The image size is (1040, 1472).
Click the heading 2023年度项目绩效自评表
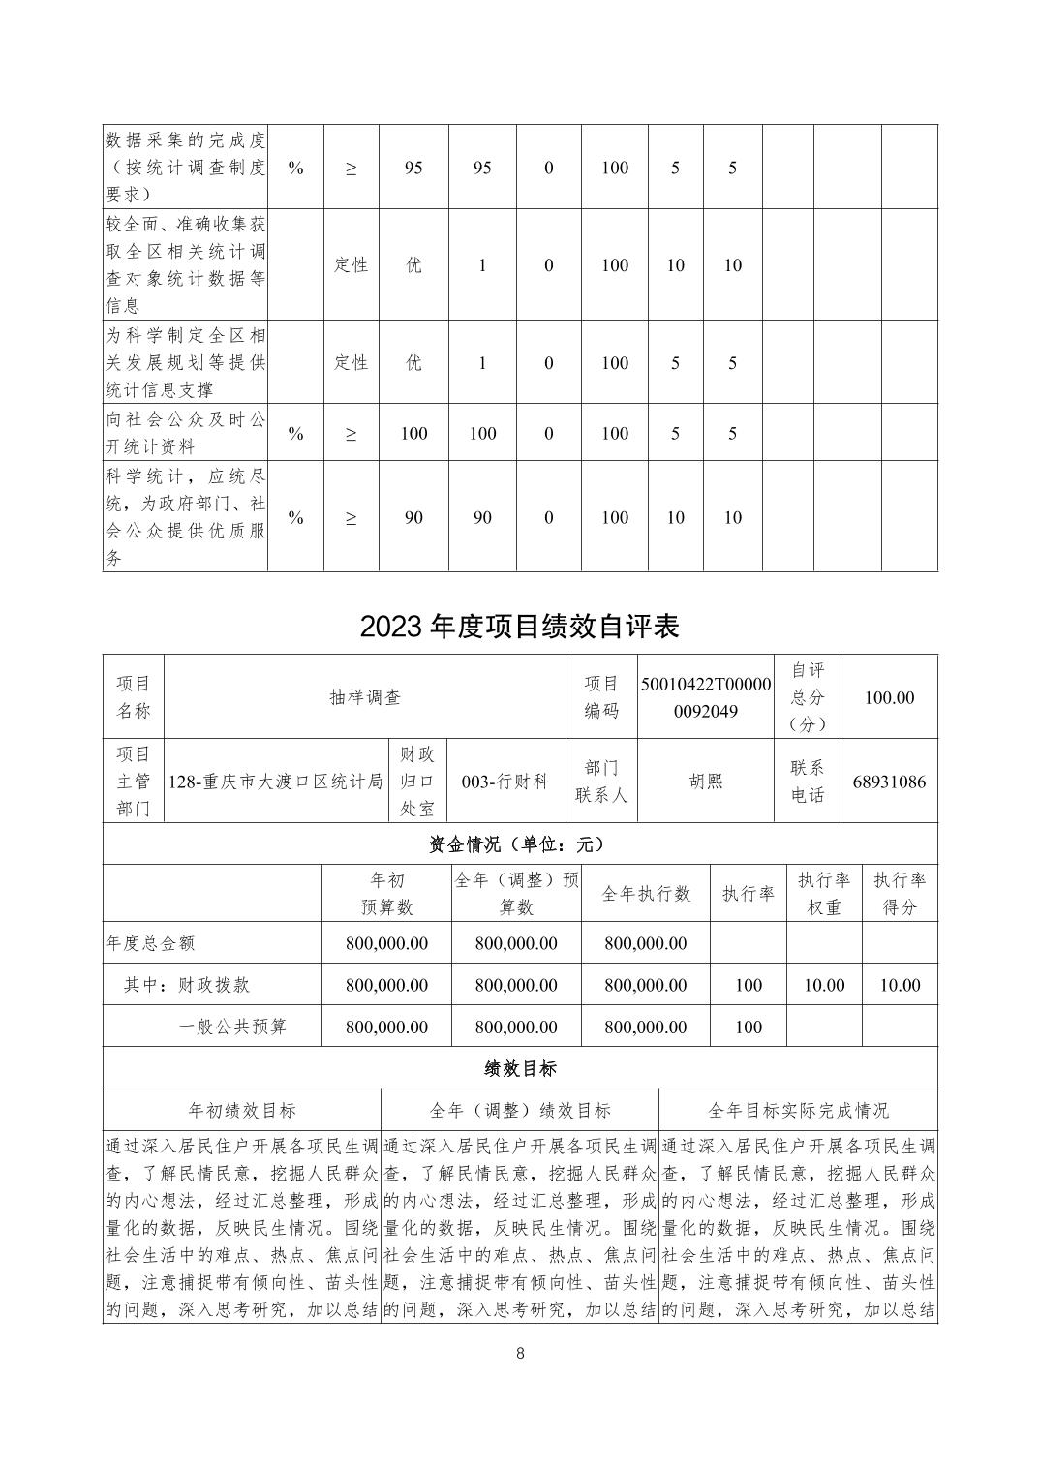pyautogui.click(x=520, y=627)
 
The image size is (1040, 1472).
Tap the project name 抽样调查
pyautogui.click(x=365, y=697)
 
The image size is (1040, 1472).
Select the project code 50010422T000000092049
pyautogui.click(x=706, y=697)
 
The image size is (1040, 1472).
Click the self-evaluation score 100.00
pyautogui.click(x=889, y=697)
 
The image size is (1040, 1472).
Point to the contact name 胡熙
pyautogui.click(x=706, y=782)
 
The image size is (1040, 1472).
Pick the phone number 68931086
pyautogui.click(x=889, y=782)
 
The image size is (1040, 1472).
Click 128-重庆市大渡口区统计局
pyautogui.click(x=276, y=782)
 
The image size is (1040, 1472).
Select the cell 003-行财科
pyautogui.click(x=505, y=782)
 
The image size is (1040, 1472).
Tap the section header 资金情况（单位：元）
pyautogui.click(x=520, y=844)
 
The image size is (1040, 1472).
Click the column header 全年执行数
pyautogui.click(x=646, y=894)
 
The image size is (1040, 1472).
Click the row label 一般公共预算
pyautogui.click(x=232, y=1027)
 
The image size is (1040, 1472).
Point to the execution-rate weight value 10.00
pyautogui.click(x=824, y=985)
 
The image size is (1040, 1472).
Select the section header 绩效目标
pyautogui.click(x=520, y=1069)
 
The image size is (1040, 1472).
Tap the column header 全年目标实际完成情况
pyautogui.click(x=798, y=1111)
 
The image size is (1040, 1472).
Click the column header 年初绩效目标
pyautogui.click(x=242, y=1111)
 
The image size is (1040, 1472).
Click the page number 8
pyautogui.click(x=520, y=1354)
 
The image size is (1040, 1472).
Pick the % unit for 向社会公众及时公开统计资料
pyautogui.click(x=295, y=434)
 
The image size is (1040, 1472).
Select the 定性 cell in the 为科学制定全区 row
pyautogui.click(x=351, y=363)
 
